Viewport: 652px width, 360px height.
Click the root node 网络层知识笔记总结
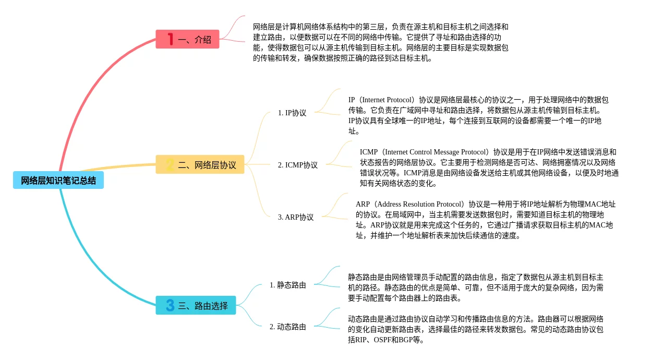[58, 181]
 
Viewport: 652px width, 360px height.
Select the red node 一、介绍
[188, 39]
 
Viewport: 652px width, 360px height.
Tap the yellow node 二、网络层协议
[200, 165]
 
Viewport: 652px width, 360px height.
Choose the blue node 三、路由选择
[196, 306]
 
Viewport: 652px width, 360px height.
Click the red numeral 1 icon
[170, 39]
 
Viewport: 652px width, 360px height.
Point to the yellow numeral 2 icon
[170, 165]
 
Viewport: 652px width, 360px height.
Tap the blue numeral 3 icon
[170, 305]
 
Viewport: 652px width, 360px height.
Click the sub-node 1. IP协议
[292, 113]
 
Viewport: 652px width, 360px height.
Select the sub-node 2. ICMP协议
[297, 165]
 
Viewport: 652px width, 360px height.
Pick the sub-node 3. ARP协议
[296, 217]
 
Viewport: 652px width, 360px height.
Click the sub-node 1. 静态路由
[288, 285]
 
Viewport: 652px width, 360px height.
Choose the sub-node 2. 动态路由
[288, 327]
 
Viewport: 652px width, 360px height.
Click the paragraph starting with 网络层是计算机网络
[380, 42]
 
